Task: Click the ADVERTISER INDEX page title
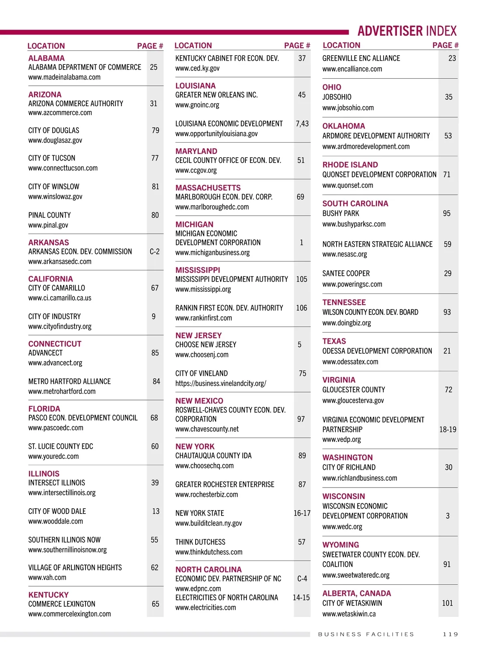[407, 31]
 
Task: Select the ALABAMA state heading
[47, 58]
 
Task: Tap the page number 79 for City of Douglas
[156, 130]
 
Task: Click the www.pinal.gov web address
[48, 225]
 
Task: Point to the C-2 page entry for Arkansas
[155, 251]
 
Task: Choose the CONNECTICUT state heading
[55, 344]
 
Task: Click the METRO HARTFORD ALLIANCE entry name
[69, 381]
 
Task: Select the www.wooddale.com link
[55, 521]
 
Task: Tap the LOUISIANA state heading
[195, 86]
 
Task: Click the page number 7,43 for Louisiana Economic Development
[302, 124]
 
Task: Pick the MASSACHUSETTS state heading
[208, 188]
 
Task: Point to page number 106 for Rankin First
[302, 308]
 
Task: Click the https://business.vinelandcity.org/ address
[221, 383]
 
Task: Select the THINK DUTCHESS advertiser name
[200, 542]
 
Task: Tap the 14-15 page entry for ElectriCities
[301, 597]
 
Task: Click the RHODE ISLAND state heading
[350, 165]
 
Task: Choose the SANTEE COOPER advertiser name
[346, 274]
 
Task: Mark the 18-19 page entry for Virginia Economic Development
[448, 429]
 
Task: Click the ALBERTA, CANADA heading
[356, 593]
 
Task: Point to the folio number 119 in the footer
[450, 634]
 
